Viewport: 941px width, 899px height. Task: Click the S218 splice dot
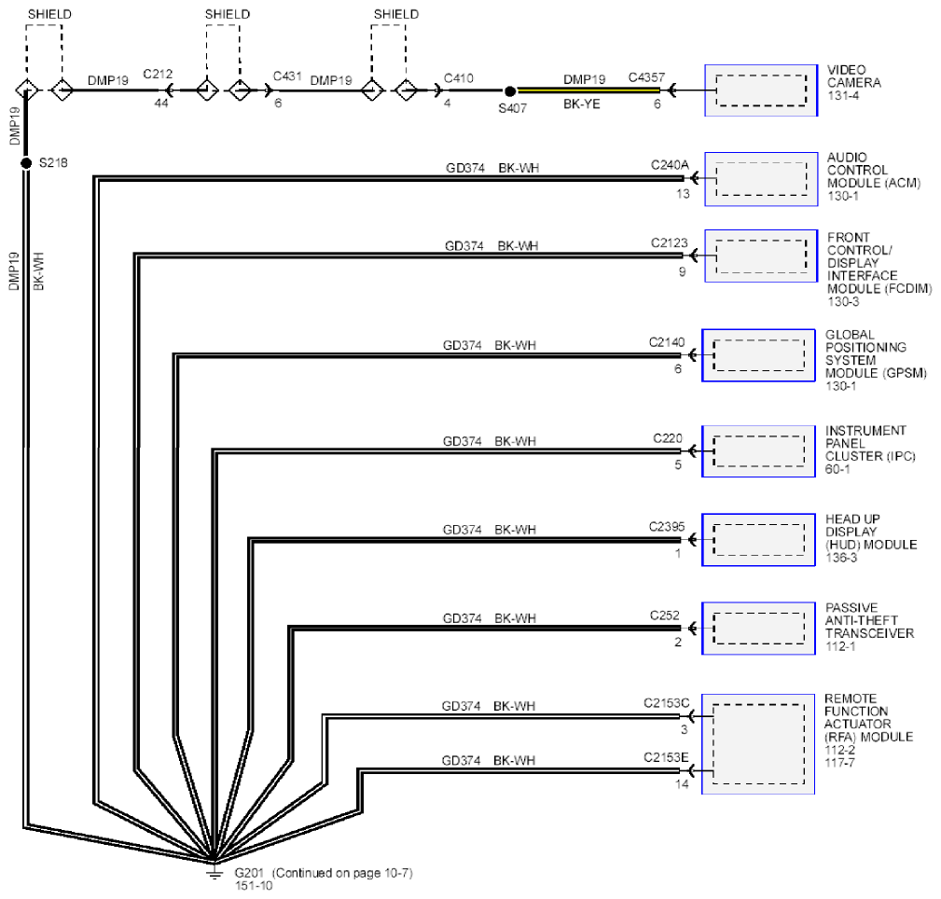pos(26,163)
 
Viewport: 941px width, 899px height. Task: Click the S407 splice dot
pos(509,91)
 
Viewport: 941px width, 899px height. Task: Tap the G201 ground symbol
pos(214,871)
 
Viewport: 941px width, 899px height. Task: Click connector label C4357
pos(646,77)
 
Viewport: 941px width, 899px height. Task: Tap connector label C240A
pos(670,165)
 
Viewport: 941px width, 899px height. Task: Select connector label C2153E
pos(666,757)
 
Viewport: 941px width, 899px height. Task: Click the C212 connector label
pos(158,74)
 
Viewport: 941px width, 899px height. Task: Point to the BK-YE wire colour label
pos(582,104)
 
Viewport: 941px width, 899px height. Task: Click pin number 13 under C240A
pos(683,194)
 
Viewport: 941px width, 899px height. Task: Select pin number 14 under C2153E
pos(682,783)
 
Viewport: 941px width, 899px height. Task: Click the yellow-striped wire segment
pos(588,90)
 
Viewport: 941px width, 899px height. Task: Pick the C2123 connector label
pos(669,243)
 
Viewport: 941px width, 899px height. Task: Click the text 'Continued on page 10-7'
pos(343,873)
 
